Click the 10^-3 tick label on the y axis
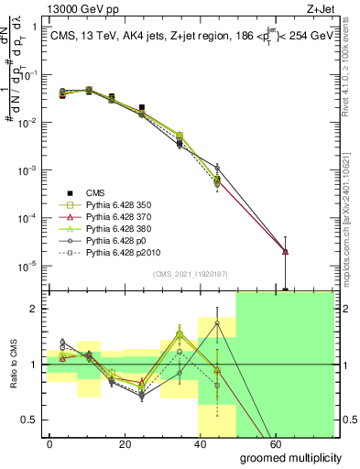point(27,170)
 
